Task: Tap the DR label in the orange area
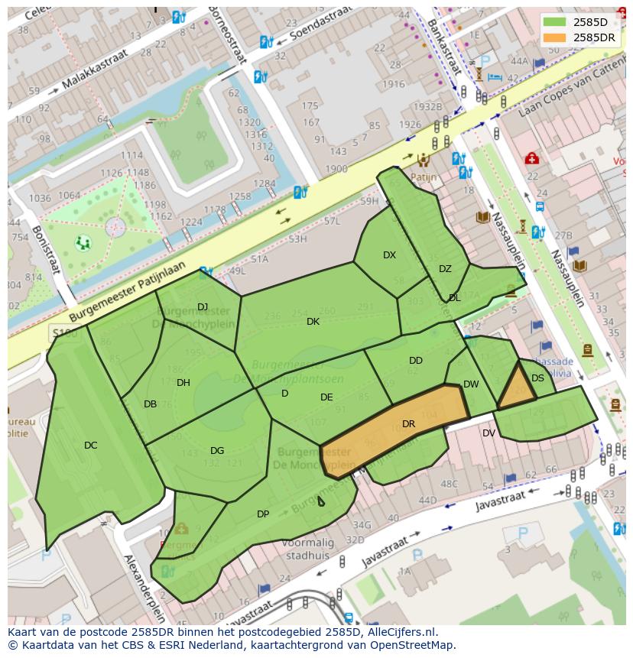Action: coord(408,424)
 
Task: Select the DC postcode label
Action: coord(90,446)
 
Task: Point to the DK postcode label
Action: coord(313,322)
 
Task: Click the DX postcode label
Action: coord(389,255)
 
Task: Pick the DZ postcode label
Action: coord(445,269)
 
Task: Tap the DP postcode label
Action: coord(263,514)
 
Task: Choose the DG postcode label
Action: coord(217,451)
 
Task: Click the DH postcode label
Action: coord(183,383)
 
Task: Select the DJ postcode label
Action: coord(203,307)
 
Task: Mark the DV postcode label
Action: coord(489,433)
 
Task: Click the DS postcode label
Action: coord(537,378)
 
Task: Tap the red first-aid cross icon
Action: coord(531,158)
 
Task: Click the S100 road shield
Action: coord(65,333)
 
